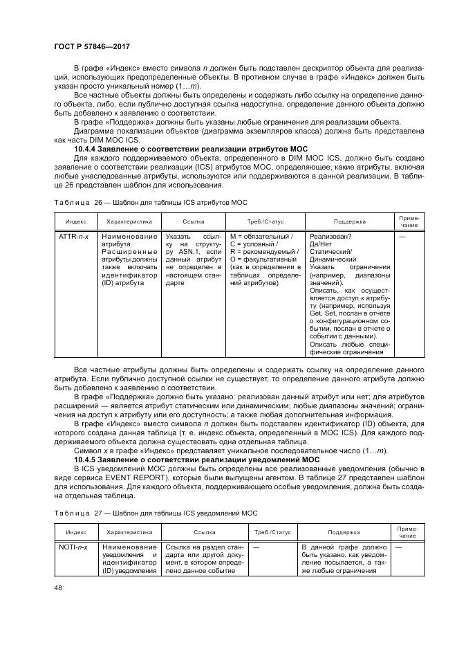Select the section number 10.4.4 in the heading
(87, 149)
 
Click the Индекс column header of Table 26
(75, 222)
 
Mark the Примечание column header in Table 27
(408, 533)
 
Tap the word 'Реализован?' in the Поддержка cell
(330, 237)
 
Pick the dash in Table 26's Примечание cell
(402, 237)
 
